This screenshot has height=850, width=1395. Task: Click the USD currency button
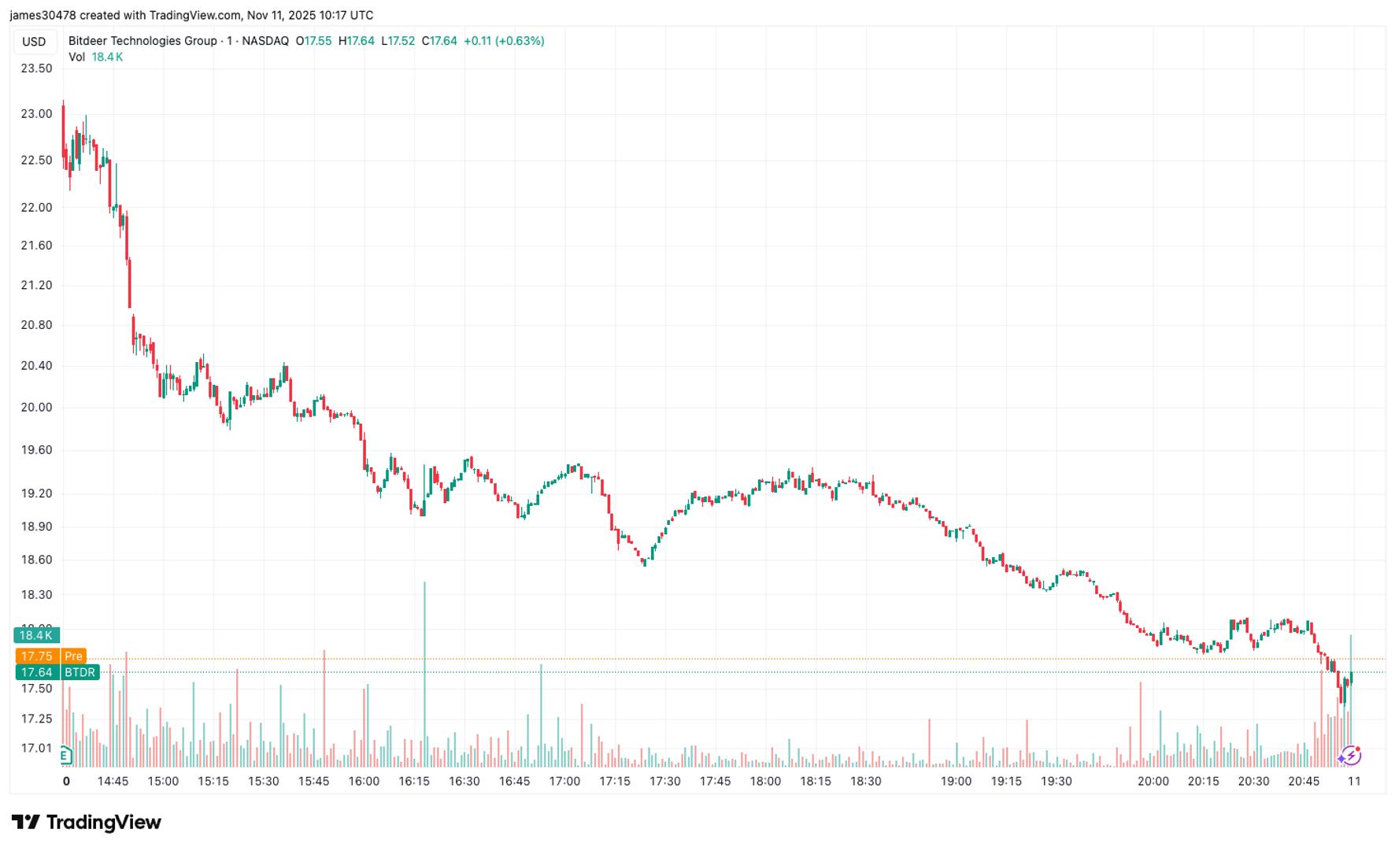(34, 42)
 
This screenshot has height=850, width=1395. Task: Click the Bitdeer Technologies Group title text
(142, 41)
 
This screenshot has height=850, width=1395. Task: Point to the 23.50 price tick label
(36, 68)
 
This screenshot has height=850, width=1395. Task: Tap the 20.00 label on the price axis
(36, 408)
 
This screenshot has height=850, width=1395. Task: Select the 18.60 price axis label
(36, 560)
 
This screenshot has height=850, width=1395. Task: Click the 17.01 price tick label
(36, 748)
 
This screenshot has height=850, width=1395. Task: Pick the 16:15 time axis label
(414, 782)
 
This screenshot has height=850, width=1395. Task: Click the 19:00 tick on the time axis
(956, 782)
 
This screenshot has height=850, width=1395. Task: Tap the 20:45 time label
(1304, 782)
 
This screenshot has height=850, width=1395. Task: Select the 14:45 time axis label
(113, 782)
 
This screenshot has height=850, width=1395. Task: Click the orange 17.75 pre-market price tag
(50, 656)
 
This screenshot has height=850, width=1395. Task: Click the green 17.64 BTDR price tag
(57, 673)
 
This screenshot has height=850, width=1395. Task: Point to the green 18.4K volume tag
(36, 635)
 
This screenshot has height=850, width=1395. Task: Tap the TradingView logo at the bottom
(86, 822)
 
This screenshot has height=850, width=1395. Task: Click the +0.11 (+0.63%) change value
(504, 41)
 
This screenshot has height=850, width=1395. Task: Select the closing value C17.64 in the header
(439, 41)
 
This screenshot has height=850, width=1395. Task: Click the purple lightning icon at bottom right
(1350, 756)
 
